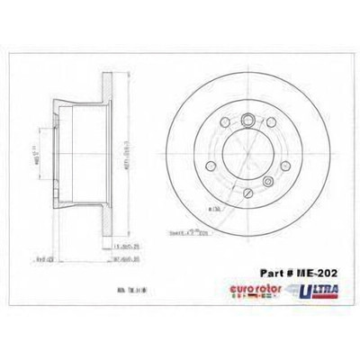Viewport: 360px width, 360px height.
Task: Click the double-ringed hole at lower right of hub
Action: click(x=267, y=182)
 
